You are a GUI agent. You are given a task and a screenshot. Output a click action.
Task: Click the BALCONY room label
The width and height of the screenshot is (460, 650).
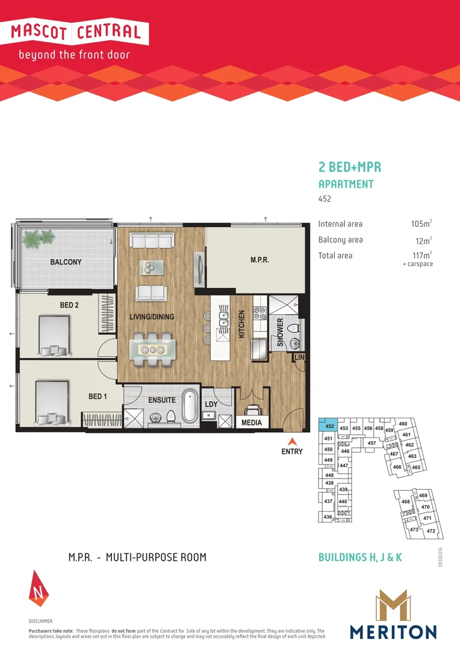coord(66,262)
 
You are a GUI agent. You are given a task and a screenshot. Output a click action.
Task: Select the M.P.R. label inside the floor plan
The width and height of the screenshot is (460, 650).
coord(260,261)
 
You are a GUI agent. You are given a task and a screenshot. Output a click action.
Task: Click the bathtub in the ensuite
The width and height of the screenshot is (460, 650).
coord(190,406)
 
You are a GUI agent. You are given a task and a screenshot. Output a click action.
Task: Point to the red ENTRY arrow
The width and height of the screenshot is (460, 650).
coord(292,441)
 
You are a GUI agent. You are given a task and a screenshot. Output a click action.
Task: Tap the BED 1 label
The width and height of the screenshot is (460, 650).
coord(98,397)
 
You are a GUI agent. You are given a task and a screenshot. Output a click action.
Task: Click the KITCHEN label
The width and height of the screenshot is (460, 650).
coord(241,324)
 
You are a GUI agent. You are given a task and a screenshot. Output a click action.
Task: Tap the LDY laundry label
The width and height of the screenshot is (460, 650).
coord(211,404)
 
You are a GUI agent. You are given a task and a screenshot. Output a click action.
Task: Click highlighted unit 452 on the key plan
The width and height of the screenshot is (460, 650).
coord(329,426)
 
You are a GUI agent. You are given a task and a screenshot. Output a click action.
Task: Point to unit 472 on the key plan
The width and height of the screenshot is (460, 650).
coord(430,531)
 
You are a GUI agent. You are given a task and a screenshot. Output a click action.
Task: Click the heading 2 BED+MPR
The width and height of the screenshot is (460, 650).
coord(349,167)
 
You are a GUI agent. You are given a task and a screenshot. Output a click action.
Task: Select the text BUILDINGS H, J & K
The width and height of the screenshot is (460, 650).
coord(359,557)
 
